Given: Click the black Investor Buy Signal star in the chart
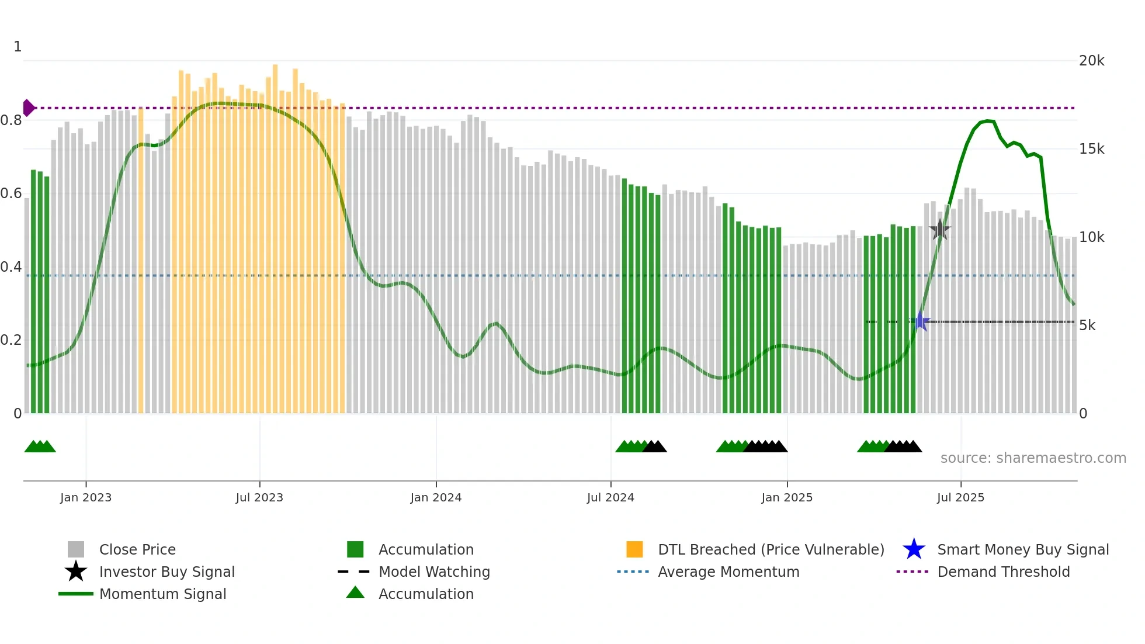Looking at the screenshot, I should coord(939,230).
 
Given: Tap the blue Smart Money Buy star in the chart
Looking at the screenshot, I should coord(920,321).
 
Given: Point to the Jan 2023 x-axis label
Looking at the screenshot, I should coord(86,497).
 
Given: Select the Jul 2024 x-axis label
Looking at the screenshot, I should coord(610,497).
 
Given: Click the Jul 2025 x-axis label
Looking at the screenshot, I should coord(960,497).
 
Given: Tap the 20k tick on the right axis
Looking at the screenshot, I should coord(1091,61).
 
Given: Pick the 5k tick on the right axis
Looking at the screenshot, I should coord(1087,326).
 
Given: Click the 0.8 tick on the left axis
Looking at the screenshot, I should coord(11,120).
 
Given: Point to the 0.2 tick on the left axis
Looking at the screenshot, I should coord(11,340).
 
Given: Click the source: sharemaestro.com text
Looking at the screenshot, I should coord(1033,458).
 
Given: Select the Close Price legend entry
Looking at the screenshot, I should coord(137,549).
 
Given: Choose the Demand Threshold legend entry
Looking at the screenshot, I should coord(1003,572).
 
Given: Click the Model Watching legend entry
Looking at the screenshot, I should coord(433,572).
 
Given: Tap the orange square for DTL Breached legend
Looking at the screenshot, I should coord(634,549).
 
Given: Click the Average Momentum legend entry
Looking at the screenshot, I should coord(728,572).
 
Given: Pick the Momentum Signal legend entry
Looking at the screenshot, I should coord(162,594).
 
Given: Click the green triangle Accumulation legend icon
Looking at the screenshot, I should coord(355,593).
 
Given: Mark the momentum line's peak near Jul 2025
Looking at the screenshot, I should coord(987,121).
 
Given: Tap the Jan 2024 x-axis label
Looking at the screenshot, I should coord(436,497).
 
